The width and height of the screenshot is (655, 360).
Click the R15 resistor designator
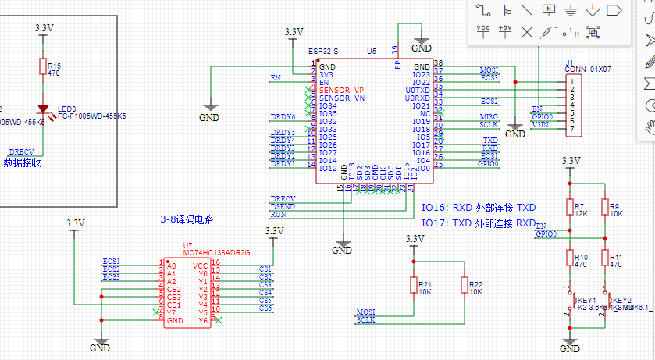pyautogui.click(x=53, y=66)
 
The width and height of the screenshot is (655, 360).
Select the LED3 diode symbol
pyautogui.click(x=44, y=111)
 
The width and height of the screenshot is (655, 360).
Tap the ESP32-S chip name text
pyautogui.click(x=324, y=51)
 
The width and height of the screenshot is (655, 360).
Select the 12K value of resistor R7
pyautogui.click(x=581, y=213)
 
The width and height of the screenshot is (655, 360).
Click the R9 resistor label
pyautogui.click(x=614, y=205)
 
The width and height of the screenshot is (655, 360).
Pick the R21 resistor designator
pyautogui.click(x=425, y=284)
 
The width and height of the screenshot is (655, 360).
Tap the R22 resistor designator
pyautogui.click(x=476, y=284)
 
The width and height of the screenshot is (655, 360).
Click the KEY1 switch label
pyautogui.click(x=586, y=301)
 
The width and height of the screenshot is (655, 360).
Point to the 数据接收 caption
pyautogui.click(x=22, y=163)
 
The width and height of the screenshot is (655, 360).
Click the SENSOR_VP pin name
pyautogui.click(x=341, y=91)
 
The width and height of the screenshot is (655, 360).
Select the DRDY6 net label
pyautogui.click(x=283, y=117)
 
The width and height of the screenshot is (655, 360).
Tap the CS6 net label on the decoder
pyautogui.click(x=265, y=308)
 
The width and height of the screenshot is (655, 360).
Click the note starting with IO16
pyautogui.click(x=479, y=208)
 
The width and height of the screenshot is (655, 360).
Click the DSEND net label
pyautogui.click(x=283, y=205)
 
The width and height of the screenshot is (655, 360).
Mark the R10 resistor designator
pyautogui.click(x=581, y=256)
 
